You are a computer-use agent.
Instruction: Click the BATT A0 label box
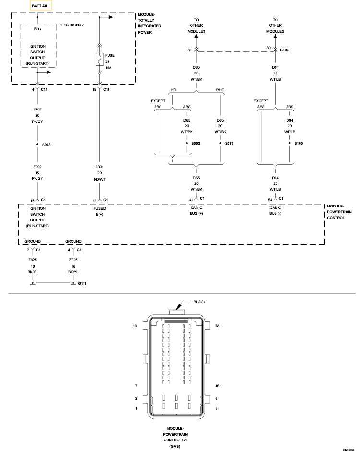pyautogui.click(x=40, y=5)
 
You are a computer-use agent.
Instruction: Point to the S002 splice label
pyautogui.click(x=195, y=144)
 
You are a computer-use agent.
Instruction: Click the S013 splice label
pyautogui.click(x=228, y=144)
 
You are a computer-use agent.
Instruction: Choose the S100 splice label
pyautogui.click(x=299, y=144)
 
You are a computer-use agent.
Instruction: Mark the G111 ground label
pyautogui.click(x=82, y=284)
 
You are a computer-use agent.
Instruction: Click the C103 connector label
pyautogui.click(x=285, y=49)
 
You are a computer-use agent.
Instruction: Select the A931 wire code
pyautogui.click(x=100, y=167)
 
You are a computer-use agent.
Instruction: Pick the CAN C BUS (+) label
pyautogui.click(x=196, y=210)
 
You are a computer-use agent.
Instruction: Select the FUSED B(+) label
pyautogui.click(x=100, y=211)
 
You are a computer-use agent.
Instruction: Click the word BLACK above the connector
pyautogui.click(x=200, y=302)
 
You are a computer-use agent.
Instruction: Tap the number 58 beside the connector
pyautogui.click(x=217, y=326)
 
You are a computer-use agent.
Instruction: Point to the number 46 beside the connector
pyautogui.click(x=217, y=386)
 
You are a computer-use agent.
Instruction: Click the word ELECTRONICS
pyautogui.click(x=72, y=25)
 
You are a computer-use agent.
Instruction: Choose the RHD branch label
pyautogui.click(x=220, y=90)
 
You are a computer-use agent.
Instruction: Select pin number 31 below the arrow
pyautogui.click(x=190, y=49)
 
